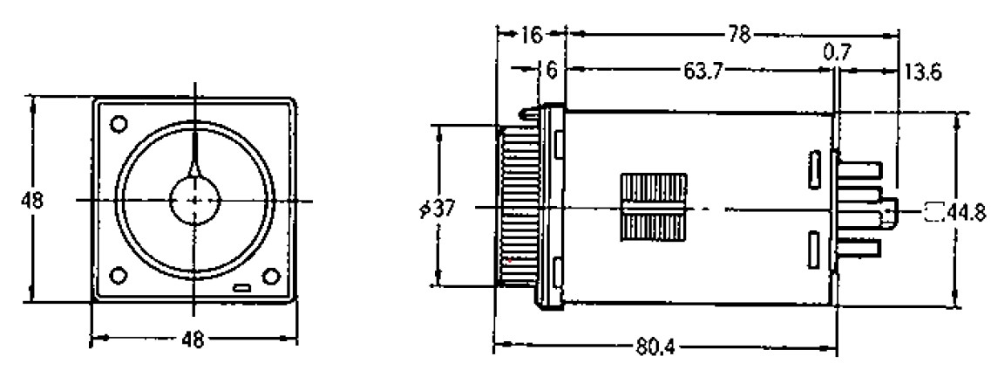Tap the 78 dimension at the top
[738, 36]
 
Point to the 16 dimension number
[533, 36]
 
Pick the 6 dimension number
[552, 71]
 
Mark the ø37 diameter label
[437, 208]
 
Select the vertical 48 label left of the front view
[31, 201]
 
